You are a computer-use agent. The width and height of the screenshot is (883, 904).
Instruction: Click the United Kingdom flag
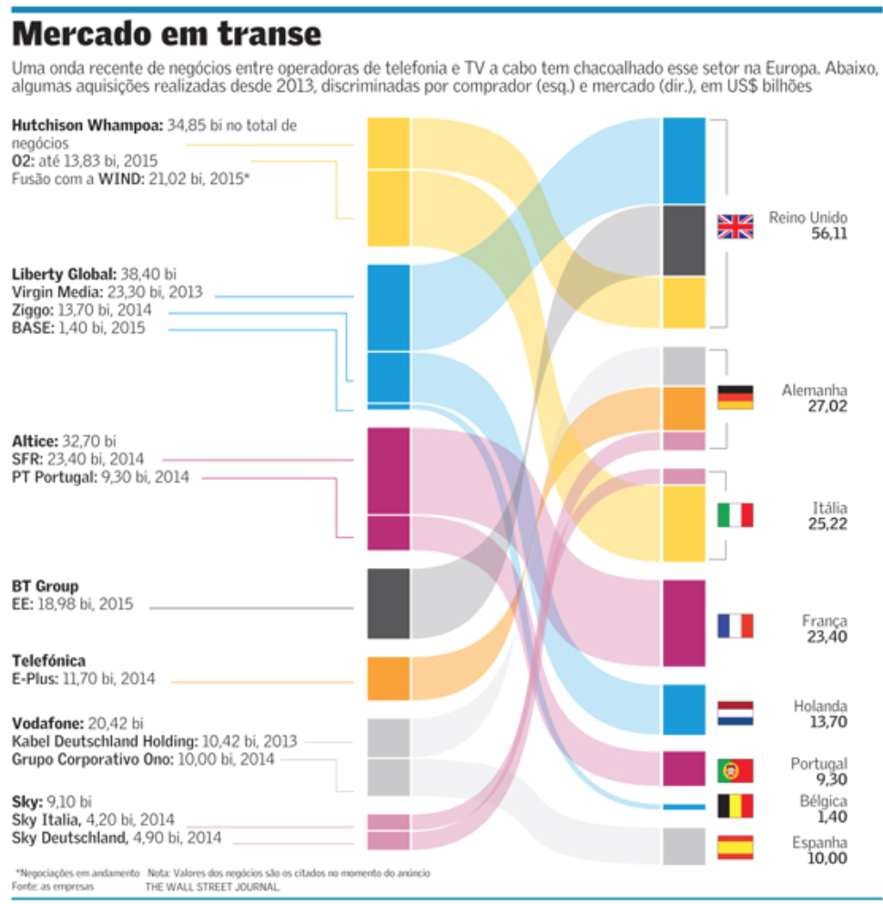click(x=736, y=226)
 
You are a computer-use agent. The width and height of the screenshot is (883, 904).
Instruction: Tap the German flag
click(x=736, y=397)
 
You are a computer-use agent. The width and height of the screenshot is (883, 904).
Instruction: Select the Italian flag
click(x=736, y=515)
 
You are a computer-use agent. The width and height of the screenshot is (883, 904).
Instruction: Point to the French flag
click(x=736, y=625)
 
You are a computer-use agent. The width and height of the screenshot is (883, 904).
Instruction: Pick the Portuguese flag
click(x=736, y=770)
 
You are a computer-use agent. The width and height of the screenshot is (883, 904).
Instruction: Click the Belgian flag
click(x=736, y=806)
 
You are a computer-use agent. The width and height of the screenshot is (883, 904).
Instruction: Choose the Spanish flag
click(x=736, y=847)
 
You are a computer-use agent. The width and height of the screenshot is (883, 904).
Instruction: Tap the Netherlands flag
click(x=736, y=713)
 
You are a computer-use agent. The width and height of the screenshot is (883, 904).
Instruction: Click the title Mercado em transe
click(x=167, y=34)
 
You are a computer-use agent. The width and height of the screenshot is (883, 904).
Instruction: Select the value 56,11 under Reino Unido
click(x=829, y=234)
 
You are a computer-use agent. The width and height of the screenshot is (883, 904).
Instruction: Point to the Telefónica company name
click(x=48, y=661)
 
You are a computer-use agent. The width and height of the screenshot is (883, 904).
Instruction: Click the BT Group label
click(x=46, y=586)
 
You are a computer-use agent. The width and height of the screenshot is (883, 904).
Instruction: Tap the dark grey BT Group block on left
click(x=388, y=603)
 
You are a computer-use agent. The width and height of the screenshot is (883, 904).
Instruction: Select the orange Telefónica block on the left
click(x=388, y=678)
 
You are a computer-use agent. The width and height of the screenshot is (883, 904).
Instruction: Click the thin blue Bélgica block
click(x=684, y=807)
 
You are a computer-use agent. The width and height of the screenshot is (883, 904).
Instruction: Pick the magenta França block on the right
click(x=684, y=624)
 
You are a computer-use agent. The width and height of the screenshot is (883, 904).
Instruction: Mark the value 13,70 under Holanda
click(x=827, y=722)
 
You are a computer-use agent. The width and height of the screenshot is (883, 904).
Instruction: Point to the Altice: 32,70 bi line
click(x=65, y=442)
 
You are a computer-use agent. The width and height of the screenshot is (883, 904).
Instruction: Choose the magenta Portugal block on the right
click(x=684, y=768)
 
